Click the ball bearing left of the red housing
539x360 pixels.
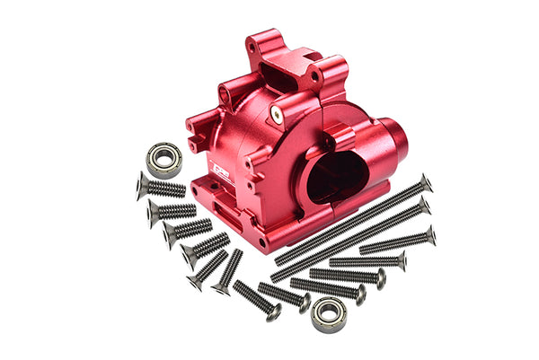pyautogui.click(x=164, y=159)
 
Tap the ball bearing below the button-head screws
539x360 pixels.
pyautogui.click(x=328, y=314)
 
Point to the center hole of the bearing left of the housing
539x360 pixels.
pyautogui.click(x=164, y=159)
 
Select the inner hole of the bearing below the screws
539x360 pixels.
pyautogui.click(x=328, y=314)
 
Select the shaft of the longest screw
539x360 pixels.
pyautogui.click(x=350, y=221)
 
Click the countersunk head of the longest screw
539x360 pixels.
pyautogui.click(x=425, y=183)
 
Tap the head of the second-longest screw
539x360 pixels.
pyautogui.click(x=423, y=206)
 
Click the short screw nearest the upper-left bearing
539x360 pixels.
pyautogui.click(x=162, y=187)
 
